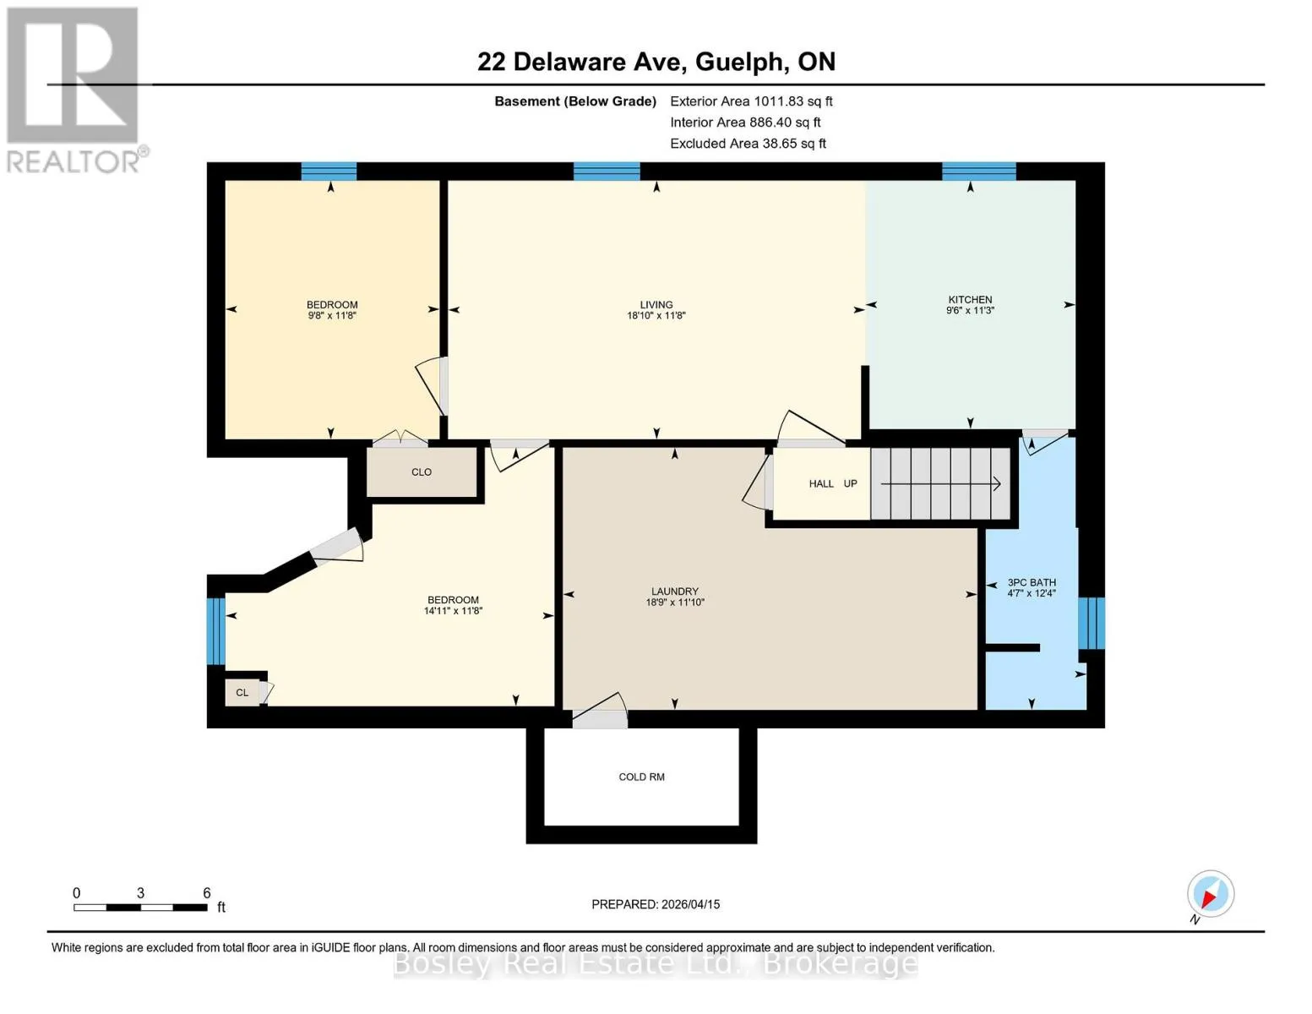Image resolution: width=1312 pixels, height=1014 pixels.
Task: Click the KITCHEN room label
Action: pyautogui.click(x=970, y=299)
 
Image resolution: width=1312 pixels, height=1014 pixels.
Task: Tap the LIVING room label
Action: pyautogui.click(x=656, y=305)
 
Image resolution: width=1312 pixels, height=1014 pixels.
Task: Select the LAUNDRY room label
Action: pyautogui.click(x=674, y=591)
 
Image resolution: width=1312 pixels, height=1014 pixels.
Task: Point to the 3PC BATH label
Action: pyautogui.click(x=1032, y=583)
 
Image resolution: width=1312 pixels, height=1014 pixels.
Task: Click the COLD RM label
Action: pyautogui.click(x=641, y=777)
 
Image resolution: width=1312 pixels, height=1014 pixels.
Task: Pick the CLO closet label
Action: pyautogui.click(x=422, y=472)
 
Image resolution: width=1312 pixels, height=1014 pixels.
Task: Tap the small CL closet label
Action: pyautogui.click(x=242, y=693)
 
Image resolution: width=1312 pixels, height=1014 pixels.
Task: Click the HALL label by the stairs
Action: pyautogui.click(x=821, y=483)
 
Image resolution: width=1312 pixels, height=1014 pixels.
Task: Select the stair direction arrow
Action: pyautogui.click(x=940, y=483)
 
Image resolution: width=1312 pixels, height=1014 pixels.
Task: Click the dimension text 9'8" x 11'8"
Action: pyautogui.click(x=332, y=315)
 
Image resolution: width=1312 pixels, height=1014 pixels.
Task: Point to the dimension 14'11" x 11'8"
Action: pyautogui.click(x=453, y=611)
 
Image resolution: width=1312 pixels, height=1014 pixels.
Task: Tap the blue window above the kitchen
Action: pyautogui.click(x=978, y=172)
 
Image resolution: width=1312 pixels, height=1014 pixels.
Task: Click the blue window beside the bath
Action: pyautogui.click(x=1092, y=623)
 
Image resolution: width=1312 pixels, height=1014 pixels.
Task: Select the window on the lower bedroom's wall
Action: pyautogui.click(x=215, y=631)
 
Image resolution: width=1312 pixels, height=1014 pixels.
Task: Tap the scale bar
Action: pyautogui.click(x=141, y=908)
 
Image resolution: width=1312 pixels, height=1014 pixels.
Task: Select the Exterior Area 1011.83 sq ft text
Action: pyautogui.click(x=751, y=101)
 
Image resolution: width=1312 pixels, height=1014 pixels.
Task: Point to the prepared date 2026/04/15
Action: pyautogui.click(x=691, y=904)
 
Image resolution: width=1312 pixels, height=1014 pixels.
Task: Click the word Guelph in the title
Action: pyautogui.click(x=739, y=63)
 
